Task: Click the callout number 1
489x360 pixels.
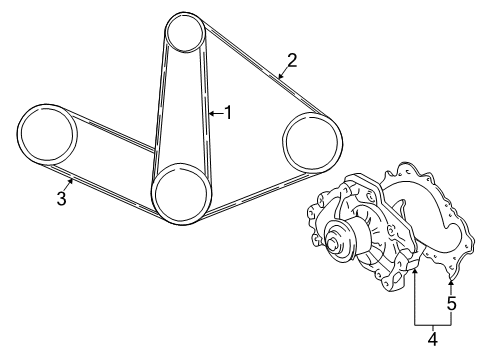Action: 228,113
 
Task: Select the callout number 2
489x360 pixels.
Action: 292,59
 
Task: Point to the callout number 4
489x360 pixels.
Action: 432,339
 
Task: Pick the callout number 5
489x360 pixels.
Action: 451,303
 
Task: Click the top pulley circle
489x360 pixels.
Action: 186,33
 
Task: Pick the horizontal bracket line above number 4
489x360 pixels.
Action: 432,324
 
